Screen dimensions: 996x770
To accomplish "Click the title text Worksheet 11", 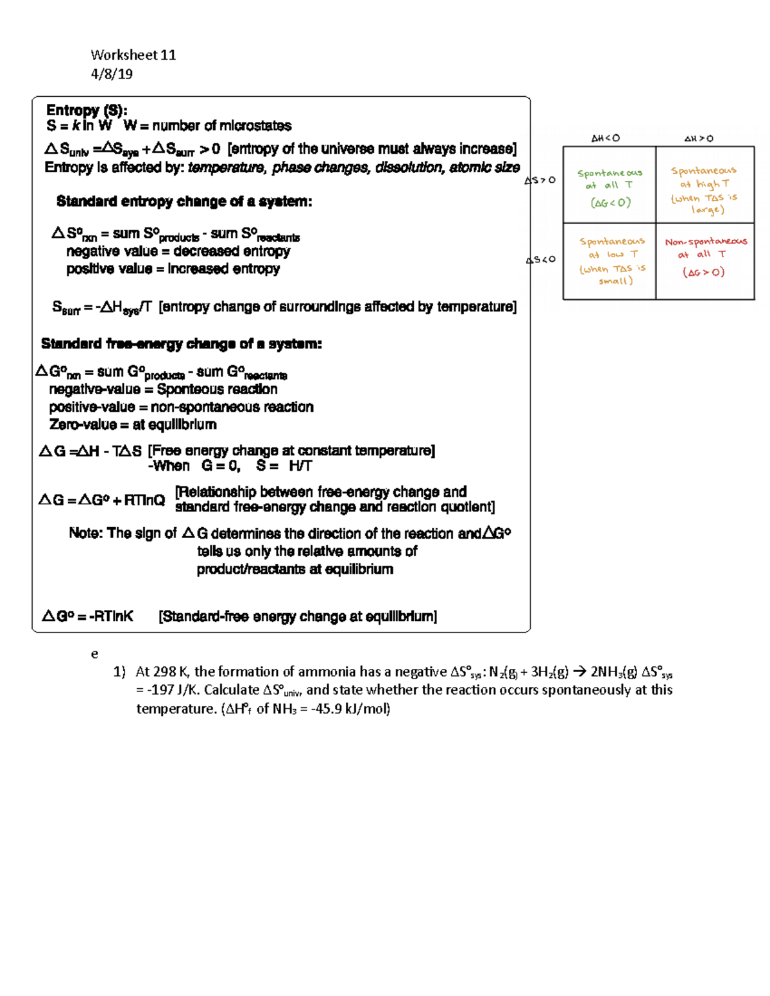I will click(133, 55).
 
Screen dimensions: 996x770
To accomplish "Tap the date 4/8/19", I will click(112, 74).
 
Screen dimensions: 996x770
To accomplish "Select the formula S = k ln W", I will click(79, 126).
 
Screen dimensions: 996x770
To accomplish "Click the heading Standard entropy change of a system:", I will click(184, 201).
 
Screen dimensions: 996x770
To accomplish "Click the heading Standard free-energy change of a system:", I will click(181, 344).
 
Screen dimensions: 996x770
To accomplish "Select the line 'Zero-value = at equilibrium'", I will click(133, 425).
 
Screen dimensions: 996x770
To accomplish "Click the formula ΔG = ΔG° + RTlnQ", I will click(102, 500).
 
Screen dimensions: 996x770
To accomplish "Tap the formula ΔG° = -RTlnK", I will click(88, 616).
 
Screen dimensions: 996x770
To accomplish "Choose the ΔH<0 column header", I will click(605, 138).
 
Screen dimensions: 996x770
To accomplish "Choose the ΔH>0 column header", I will click(699, 139).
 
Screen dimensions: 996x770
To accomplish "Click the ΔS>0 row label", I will click(540, 180).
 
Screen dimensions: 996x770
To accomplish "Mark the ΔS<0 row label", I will click(540, 260).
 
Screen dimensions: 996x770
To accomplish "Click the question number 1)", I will click(119, 671).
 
